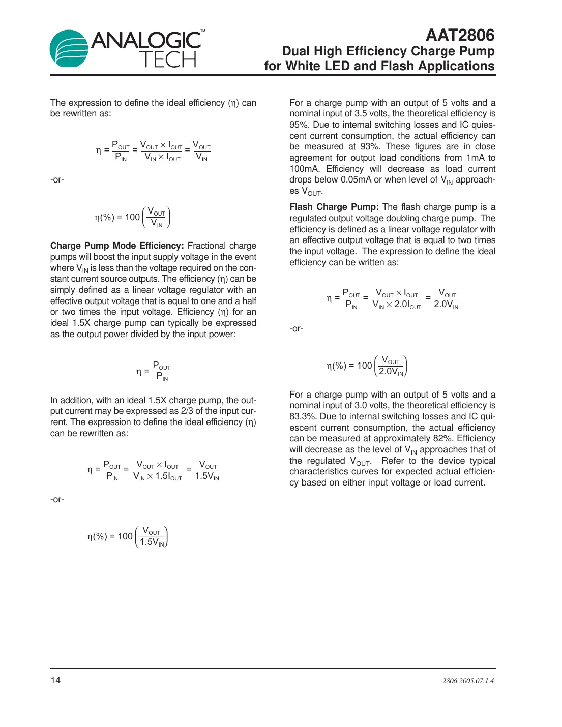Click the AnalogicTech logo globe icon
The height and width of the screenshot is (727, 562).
pyautogui.click(x=69, y=49)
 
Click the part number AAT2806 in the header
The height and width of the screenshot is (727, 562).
pyautogui.click(x=460, y=35)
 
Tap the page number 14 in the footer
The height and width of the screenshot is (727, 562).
pyautogui.click(x=55, y=680)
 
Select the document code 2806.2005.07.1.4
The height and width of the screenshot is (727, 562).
pyautogui.click(x=468, y=681)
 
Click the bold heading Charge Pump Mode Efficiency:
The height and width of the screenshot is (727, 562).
pyautogui.click(x=117, y=246)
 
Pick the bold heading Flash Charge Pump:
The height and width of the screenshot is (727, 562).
pyautogui.click(x=334, y=207)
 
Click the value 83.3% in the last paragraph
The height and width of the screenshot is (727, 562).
pyautogui.click(x=303, y=416)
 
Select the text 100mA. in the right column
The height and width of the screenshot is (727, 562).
pyautogui.click(x=305, y=169)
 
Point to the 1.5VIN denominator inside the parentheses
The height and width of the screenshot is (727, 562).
pyautogui.click(x=152, y=542)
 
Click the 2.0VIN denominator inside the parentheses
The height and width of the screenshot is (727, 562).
pyautogui.click(x=391, y=372)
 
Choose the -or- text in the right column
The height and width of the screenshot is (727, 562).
pyautogui.click(x=297, y=328)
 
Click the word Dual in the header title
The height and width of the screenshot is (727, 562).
pyautogui.click(x=296, y=51)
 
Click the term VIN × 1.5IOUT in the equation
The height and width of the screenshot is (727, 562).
pyautogui.click(x=157, y=476)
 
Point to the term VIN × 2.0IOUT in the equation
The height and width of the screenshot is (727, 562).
pyautogui.click(x=397, y=305)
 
